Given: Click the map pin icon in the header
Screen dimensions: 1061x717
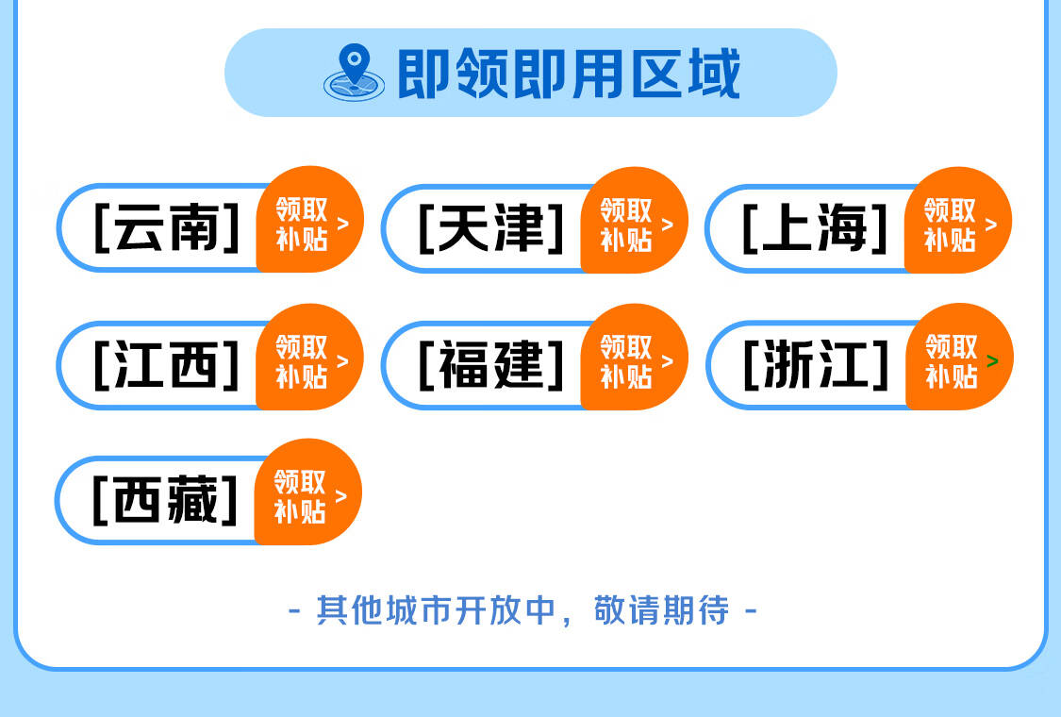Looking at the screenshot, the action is [354, 73].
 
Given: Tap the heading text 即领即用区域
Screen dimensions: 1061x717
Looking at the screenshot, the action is [569, 74].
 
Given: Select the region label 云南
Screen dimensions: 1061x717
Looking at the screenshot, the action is [166, 227].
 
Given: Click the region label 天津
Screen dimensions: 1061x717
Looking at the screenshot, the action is [491, 228].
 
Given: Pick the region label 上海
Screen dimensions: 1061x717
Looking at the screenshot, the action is [816, 228].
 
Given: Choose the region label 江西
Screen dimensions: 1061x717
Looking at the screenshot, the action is [166, 364].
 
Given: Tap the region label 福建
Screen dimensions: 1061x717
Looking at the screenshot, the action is [491, 365].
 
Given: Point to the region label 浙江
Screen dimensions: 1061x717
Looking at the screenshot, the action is [816, 364].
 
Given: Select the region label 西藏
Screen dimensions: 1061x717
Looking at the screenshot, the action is [165, 499].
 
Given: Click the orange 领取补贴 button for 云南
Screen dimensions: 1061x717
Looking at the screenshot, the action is [310, 220].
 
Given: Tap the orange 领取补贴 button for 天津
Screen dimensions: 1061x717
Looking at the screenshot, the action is [634, 220].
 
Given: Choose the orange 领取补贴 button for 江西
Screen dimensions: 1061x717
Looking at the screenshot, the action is [310, 357].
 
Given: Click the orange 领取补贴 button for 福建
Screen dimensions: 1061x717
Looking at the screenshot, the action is [634, 357].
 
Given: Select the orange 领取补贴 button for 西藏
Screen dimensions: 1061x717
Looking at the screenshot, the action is [307, 492].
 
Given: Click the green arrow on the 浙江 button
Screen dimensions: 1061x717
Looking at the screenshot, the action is [993, 361].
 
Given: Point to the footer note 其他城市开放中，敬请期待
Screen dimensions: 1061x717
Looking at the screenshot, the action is [522, 610].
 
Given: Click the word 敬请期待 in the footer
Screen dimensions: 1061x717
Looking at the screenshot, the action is [662, 610].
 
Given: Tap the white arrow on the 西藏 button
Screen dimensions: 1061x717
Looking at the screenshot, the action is [341, 496].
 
